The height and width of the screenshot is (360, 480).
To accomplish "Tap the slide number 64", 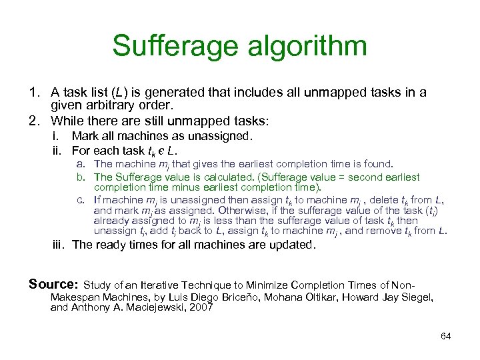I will (446, 336).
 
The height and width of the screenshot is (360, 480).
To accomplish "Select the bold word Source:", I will (53, 285).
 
